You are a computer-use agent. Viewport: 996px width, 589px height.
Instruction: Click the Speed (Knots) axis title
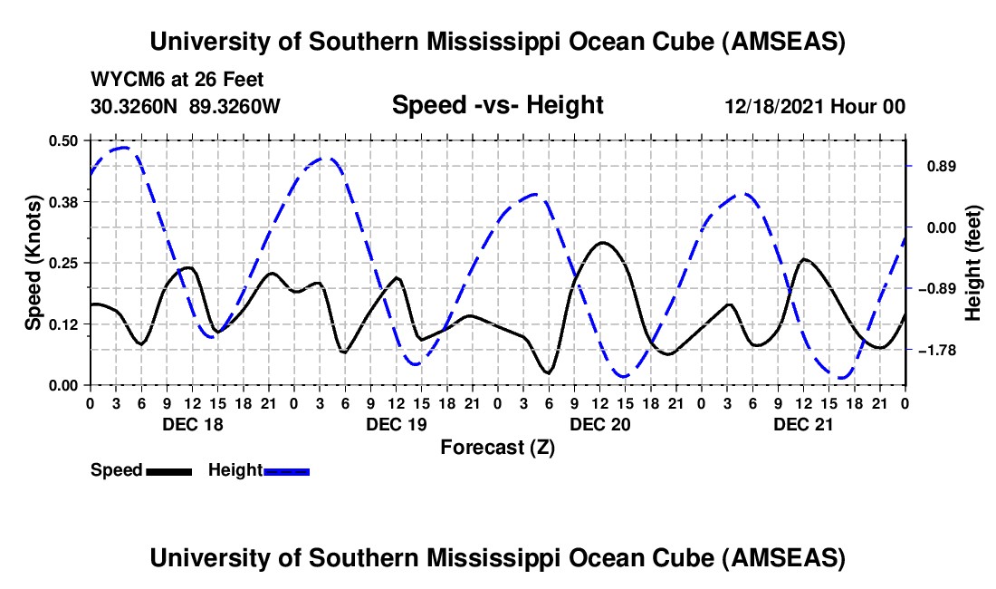(x=33, y=263)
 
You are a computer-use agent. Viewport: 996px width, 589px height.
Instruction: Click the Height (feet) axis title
(x=973, y=263)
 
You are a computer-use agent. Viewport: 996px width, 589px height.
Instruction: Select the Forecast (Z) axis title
(x=497, y=447)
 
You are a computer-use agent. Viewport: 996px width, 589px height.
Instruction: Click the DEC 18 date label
(x=193, y=424)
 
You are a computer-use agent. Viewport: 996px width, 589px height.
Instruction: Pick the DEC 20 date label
(x=600, y=424)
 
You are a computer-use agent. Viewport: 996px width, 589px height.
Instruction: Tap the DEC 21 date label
(x=803, y=424)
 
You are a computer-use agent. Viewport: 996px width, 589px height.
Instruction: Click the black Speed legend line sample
(x=168, y=470)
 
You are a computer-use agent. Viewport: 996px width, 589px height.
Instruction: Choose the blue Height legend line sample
(x=286, y=470)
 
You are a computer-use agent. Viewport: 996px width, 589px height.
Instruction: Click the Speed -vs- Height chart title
(x=497, y=105)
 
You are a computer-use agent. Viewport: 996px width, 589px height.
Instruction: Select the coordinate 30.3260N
(x=136, y=106)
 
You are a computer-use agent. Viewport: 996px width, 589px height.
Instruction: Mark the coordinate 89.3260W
(x=235, y=106)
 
